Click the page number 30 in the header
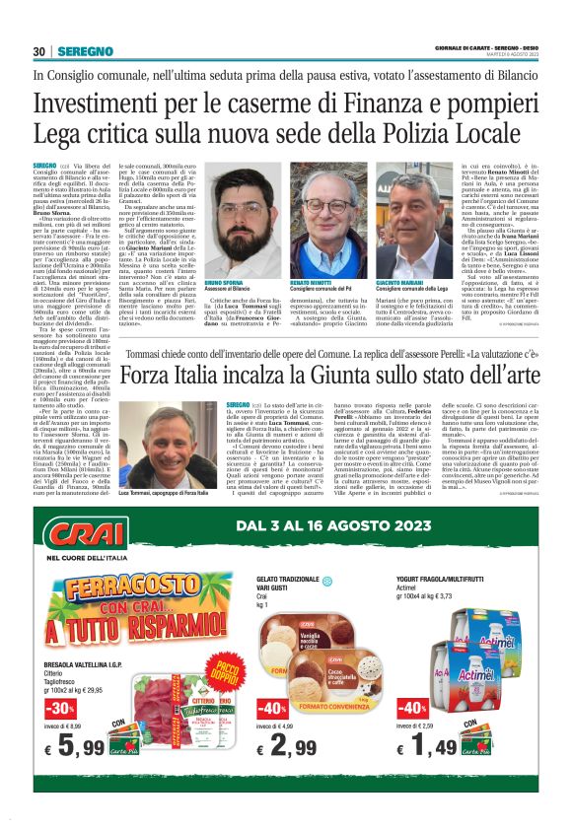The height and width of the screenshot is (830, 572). (39, 51)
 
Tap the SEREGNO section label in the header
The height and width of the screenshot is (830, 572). (80, 51)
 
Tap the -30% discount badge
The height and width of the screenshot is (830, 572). (59, 709)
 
